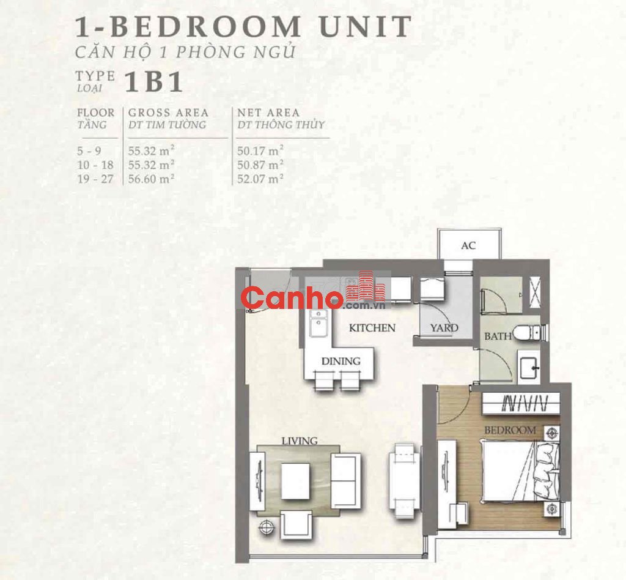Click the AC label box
point(469,244)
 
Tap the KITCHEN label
point(372,328)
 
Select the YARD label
point(444,328)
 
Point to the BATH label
point(498,336)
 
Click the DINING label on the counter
point(341,361)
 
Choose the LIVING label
point(300,441)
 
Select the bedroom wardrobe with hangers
point(521,403)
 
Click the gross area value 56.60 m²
point(152,179)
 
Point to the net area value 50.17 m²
point(260,151)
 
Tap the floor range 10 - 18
point(95,165)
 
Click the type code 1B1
point(153,82)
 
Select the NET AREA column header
point(268,113)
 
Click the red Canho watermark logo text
point(292,298)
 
